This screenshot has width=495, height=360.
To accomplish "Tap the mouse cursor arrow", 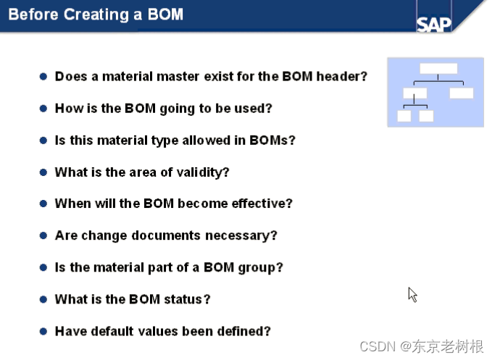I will click(412, 294).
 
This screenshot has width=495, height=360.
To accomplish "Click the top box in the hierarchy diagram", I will click(438, 69).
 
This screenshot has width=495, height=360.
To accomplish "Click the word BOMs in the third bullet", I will click(270, 140).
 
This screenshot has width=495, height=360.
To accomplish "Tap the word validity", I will click(206, 172).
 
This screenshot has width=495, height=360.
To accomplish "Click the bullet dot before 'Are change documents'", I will click(43, 235).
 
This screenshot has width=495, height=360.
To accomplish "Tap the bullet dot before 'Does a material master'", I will click(43, 76).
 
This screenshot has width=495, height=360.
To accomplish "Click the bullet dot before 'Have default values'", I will click(43, 331).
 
